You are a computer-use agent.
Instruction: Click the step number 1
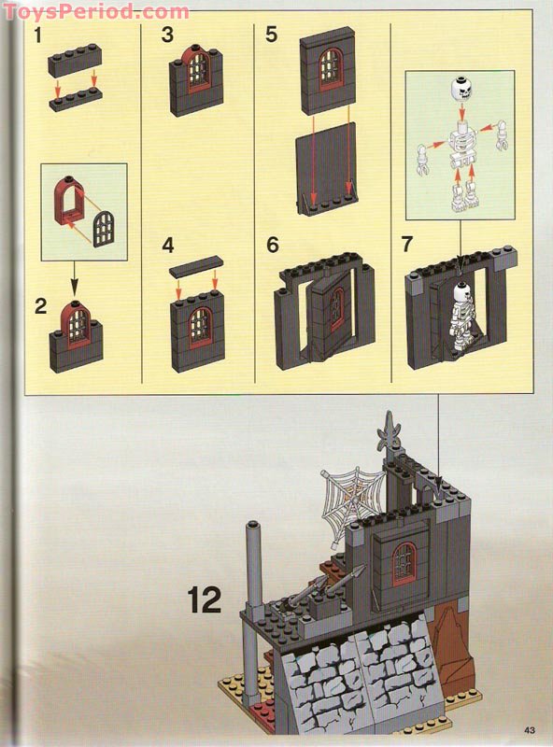(38, 35)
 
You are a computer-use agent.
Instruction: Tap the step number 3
(167, 35)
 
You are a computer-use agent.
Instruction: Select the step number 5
(271, 35)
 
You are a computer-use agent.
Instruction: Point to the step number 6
(272, 245)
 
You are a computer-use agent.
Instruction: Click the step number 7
(406, 244)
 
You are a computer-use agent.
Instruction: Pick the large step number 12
(205, 599)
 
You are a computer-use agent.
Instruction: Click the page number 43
(529, 730)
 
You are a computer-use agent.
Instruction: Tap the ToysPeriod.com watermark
(96, 11)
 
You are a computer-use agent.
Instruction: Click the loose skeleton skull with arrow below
(461, 89)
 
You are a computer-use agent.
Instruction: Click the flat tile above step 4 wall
(196, 266)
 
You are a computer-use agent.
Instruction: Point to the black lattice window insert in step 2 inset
(103, 229)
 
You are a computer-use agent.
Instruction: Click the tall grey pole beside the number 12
(252, 614)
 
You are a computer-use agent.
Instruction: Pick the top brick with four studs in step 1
(75, 59)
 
